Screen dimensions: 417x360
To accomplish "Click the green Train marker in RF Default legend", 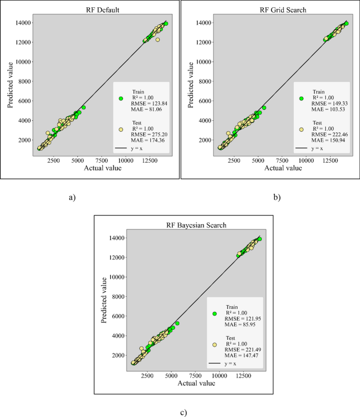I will (121, 98).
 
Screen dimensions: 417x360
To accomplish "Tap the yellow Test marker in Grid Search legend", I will (302, 129).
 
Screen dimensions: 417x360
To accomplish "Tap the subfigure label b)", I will (276, 197).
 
